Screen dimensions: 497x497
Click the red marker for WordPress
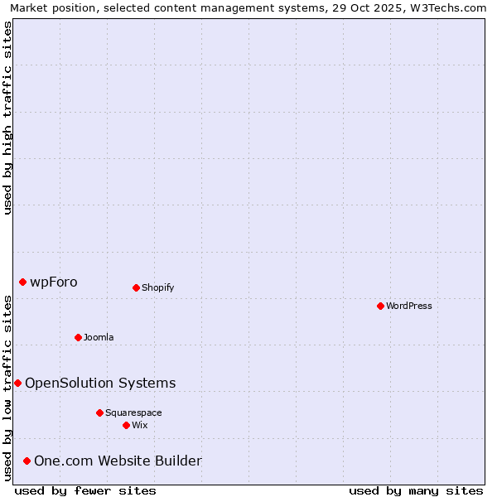380,306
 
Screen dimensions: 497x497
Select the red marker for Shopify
136,287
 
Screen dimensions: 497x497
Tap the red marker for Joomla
78,337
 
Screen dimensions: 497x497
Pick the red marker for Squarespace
99,413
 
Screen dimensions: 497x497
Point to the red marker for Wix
126,425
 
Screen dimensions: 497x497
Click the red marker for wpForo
22,282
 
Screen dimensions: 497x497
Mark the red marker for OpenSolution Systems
17,383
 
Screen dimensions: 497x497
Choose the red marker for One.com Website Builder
27,461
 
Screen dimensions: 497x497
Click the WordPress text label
409,306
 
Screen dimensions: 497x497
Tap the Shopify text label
157,287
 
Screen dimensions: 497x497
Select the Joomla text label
99,337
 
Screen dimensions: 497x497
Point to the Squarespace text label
133,413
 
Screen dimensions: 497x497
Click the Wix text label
139,425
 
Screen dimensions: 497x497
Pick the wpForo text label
54,282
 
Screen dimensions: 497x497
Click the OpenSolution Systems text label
100,383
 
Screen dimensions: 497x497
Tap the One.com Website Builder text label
118,461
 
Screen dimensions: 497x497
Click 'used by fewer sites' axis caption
85,490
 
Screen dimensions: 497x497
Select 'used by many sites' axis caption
416,490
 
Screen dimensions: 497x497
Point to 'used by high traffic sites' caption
7,118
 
